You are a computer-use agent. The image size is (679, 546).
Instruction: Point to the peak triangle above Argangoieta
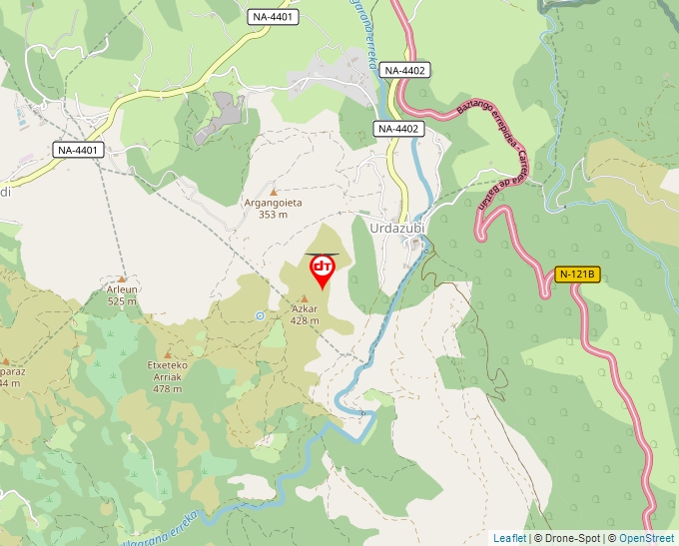[274, 191]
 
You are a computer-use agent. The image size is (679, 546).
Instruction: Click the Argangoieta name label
[274, 203]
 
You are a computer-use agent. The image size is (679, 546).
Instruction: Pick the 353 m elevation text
[274, 215]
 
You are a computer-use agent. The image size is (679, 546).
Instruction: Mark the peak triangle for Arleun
[122, 278]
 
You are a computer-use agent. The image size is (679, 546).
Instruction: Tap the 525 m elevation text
[122, 300]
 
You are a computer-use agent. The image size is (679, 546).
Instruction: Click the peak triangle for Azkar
[305, 298]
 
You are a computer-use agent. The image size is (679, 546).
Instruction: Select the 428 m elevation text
[305, 320]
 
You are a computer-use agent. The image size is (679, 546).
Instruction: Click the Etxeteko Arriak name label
[168, 371]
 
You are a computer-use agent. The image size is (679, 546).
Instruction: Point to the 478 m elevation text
[168, 388]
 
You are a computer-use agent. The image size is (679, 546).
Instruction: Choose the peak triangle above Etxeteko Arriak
[168, 354]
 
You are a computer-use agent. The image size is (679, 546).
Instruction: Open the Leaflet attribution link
[509, 538]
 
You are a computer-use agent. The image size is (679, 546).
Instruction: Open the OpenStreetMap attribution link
[646, 538]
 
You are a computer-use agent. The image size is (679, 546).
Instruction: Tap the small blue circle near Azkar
[260, 315]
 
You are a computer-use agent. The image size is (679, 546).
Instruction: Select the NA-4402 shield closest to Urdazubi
[400, 129]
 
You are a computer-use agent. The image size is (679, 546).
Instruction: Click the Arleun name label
[122, 289]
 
